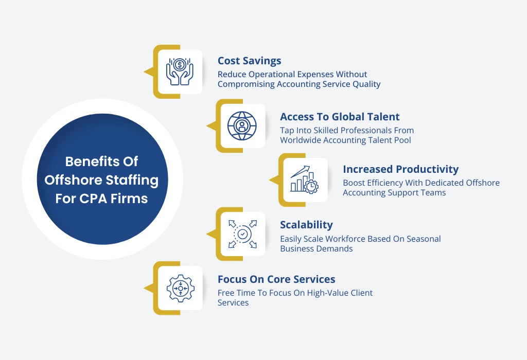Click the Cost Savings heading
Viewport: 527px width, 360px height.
click(250, 61)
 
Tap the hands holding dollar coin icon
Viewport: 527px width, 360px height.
click(180, 71)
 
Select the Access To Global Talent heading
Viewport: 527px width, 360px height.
click(340, 117)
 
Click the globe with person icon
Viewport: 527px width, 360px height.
click(242, 126)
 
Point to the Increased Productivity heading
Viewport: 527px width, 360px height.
click(400, 169)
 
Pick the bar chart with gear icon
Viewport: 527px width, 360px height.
click(305, 179)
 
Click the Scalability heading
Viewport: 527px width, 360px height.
click(307, 225)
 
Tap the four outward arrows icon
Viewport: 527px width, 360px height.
click(242, 234)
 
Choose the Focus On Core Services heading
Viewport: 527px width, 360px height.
click(276, 279)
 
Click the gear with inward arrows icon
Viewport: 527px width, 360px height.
click(181, 289)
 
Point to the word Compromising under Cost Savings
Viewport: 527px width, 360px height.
click(246, 84)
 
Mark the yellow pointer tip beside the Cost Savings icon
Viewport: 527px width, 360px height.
click(144, 71)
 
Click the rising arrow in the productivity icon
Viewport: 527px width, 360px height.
click(300, 171)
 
